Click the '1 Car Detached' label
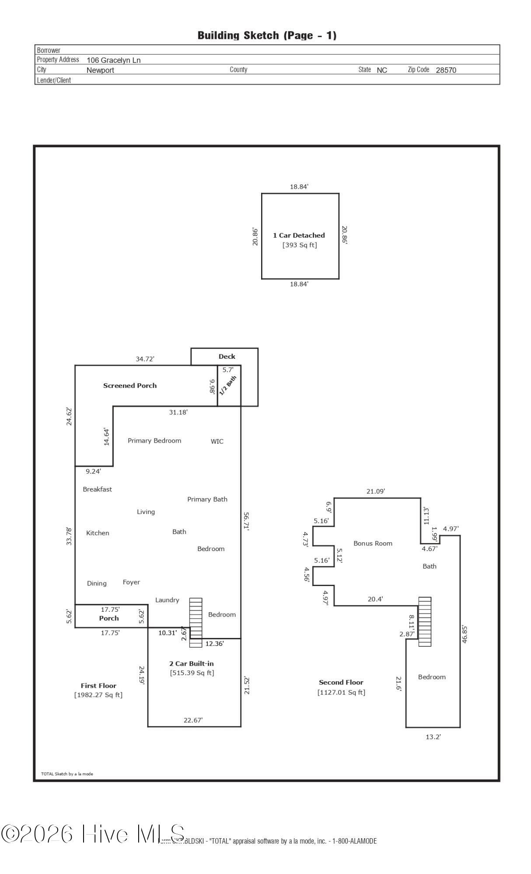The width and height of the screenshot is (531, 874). [299, 235]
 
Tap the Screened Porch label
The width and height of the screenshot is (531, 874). [130, 385]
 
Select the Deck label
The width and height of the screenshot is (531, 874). [227, 357]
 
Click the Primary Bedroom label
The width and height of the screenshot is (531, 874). [154, 440]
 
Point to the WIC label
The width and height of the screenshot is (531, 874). [217, 441]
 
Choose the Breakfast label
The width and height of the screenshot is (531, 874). [98, 489]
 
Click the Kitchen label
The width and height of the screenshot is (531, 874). [98, 533]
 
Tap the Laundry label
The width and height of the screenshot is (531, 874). [167, 600]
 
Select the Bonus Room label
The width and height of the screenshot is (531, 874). [373, 544]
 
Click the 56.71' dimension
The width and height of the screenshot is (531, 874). [246, 521]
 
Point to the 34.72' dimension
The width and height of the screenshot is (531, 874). [145, 359]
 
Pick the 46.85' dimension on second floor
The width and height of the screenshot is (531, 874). [465, 634]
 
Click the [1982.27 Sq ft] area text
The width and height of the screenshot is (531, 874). [98, 695]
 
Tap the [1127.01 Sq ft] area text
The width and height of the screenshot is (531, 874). [341, 692]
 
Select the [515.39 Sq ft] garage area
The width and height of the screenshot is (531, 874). [192, 673]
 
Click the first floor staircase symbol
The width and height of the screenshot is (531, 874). [196, 623]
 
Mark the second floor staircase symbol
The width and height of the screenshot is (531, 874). [425, 622]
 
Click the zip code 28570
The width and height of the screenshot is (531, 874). [446, 70]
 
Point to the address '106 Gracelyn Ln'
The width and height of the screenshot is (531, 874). [114, 60]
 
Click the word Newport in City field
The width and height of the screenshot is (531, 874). [100, 70]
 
